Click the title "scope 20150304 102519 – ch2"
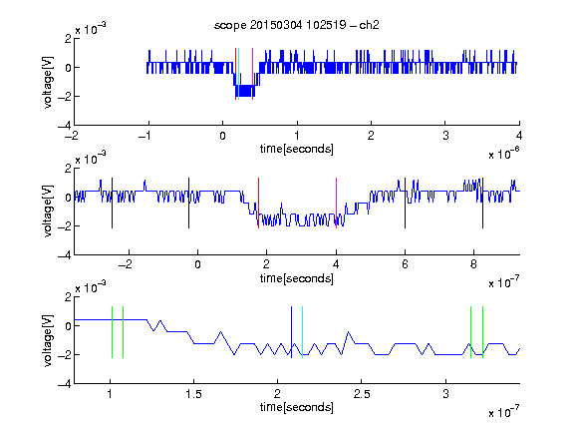(x=297, y=25)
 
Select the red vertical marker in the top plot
(x=235, y=74)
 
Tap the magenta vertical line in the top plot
(x=252, y=74)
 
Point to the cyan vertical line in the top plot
(x=238, y=74)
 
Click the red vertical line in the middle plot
(x=258, y=204)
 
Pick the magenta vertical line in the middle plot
(x=336, y=204)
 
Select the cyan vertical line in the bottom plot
(x=302, y=332)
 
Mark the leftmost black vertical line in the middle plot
(x=112, y=204)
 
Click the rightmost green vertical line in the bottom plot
(x=483, y=332)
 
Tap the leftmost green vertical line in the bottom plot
(x=112, y=332)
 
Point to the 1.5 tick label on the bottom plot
(x=193, y=394)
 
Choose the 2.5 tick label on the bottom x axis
(x=362, y=394)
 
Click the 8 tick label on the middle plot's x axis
(x=473, y=264)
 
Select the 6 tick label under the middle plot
(x=405, y=264)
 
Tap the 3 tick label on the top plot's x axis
(x=445, y=136)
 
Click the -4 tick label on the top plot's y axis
(x=65, y=126)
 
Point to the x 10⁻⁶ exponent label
(x=504, y=153)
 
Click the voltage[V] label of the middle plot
(x=48, y=212)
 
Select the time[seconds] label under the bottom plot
(x=297, y=407)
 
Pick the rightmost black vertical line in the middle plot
(x=482, y=204)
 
